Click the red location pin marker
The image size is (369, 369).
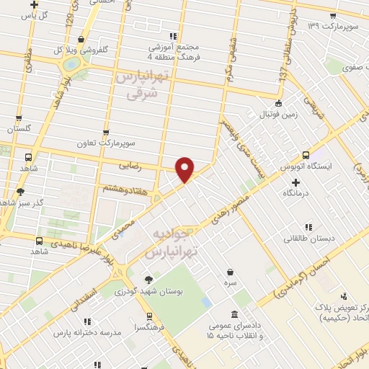pyautogui.click(x=185, y=169)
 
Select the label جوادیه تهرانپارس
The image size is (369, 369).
pyautogui.click(x=172, y=244)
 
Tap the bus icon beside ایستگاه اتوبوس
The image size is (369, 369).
pyautogui.click(x=306, y=154)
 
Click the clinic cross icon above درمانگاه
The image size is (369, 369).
pyautogui.click(x=296, y=182)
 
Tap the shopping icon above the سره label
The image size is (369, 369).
pyautogui.click(x=229, y=272)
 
